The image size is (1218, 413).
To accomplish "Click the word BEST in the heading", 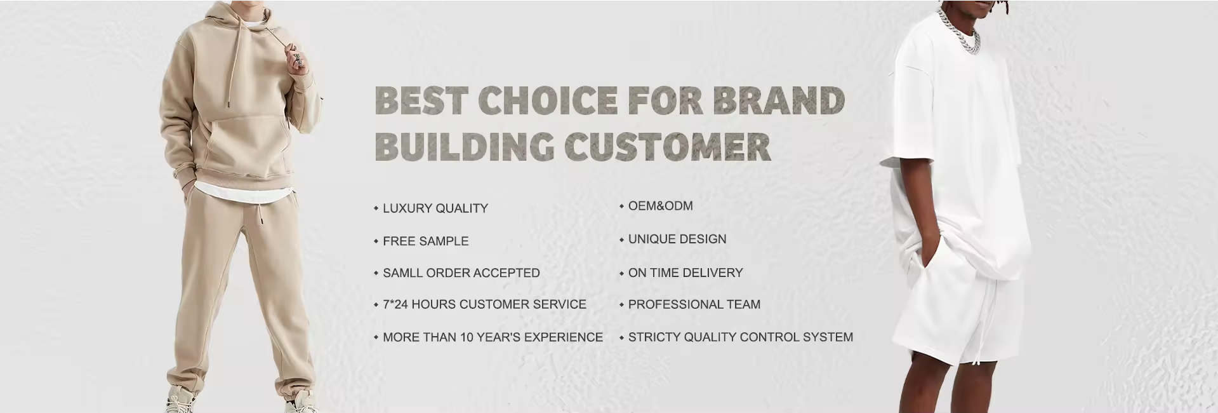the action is click(x=421, y=100).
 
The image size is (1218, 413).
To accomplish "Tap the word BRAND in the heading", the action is click(x=779, y=100).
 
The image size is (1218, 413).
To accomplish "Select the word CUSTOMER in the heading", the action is click(x=668, y=146).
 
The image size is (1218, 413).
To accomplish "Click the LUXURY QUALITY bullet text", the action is click(x=435, y=208).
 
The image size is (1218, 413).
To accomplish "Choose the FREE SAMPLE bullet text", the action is click(x=426, y=241).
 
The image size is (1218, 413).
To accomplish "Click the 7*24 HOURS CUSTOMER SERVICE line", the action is click(x=484, y=304).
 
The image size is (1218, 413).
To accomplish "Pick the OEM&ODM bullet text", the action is click(x=661, y=206).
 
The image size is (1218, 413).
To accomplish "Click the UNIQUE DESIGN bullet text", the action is click(x=677, y=240).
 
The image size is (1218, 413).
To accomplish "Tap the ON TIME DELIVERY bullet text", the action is click(x=685, y=273).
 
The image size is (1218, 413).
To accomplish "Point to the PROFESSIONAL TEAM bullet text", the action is click(x=694, y=304).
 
